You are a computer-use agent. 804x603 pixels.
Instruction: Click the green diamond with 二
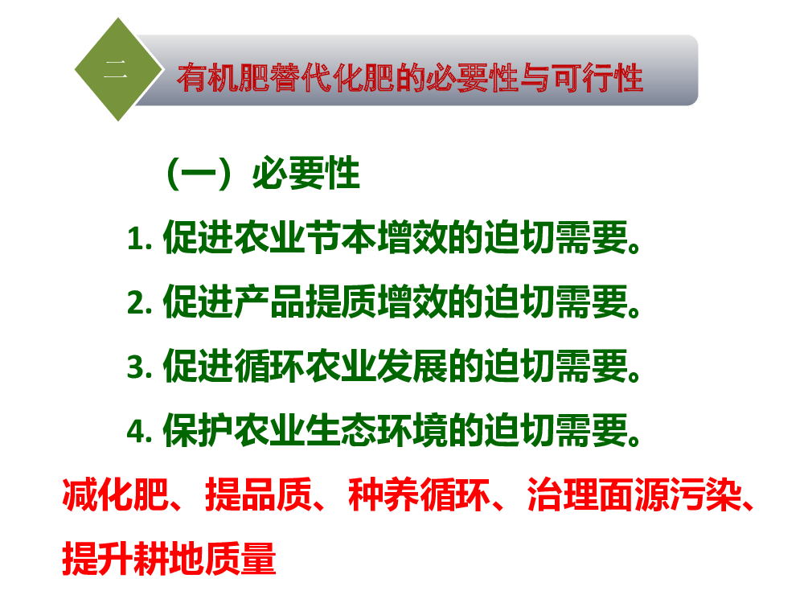pos(118,70)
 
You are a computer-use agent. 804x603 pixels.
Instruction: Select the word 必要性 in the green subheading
pos(306,174)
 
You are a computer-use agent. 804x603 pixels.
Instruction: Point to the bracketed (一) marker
pos(199,174)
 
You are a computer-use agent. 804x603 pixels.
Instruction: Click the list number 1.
pos(139,239)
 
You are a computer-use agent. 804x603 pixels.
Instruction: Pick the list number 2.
pos(139,303)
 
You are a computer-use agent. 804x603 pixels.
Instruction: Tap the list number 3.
pos(139,367)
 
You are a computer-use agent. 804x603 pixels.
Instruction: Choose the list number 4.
pos(139,431)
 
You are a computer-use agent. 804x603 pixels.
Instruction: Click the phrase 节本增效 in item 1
pos(377,237)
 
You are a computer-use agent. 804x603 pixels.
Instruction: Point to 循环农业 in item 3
pos(306,366)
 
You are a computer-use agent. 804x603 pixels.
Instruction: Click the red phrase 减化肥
pos(115,494)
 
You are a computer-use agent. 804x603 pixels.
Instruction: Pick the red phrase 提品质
pos(258,494)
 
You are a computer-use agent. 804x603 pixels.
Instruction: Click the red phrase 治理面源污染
pos(634,494)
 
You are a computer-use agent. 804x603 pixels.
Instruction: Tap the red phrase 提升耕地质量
pos(169,559)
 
